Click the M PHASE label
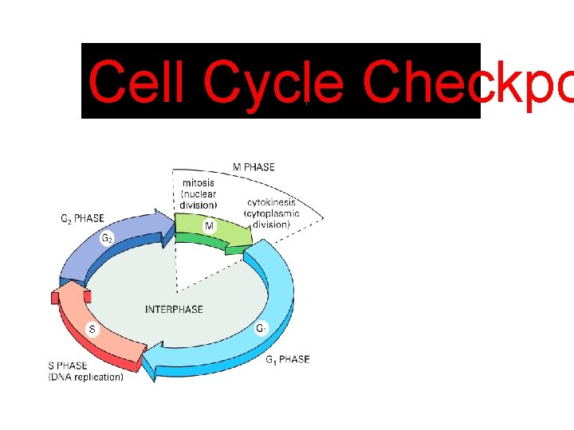coord(254,167)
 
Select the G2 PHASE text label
coord(82,219)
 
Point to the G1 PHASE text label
coord(287,360)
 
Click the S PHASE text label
coord(68,366)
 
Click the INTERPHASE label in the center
coord(174,309)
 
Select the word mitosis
coord(199,183)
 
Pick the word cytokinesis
coord(273,203)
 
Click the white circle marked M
coord(209,226)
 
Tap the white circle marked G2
coord(106,238)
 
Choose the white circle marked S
coord(92,329)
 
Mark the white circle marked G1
coord(261,328)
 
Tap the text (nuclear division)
coord(199,200)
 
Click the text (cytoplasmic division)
coord(273,219)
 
